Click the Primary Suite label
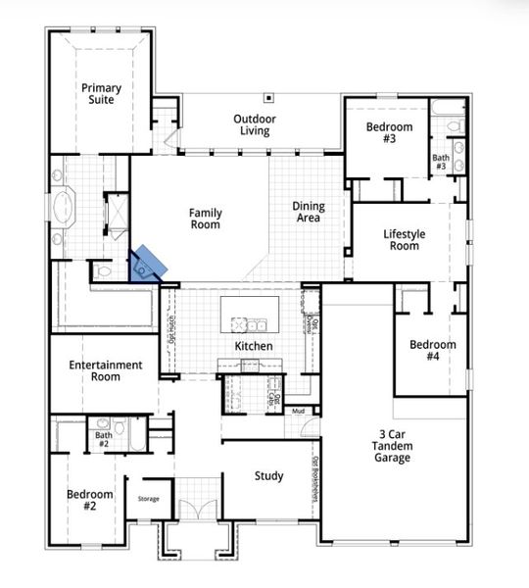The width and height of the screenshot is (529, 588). pos(101,93)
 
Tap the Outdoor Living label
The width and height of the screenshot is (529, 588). pos(254,124)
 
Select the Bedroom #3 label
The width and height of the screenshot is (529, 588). pos(389,132)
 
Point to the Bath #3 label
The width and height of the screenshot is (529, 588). pos(441,162)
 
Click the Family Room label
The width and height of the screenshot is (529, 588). pos(205,219)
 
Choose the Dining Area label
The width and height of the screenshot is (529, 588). pos(309,212)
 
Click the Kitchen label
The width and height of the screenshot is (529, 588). pos(253,346)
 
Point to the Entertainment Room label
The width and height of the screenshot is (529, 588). pos(106,370)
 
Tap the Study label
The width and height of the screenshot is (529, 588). pos(269,476)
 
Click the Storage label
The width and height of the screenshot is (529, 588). pos(148,498)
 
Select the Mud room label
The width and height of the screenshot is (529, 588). pos(298,411)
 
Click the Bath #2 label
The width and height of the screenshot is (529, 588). pos(104,440)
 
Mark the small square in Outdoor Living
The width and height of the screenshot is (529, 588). pos(266,98)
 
